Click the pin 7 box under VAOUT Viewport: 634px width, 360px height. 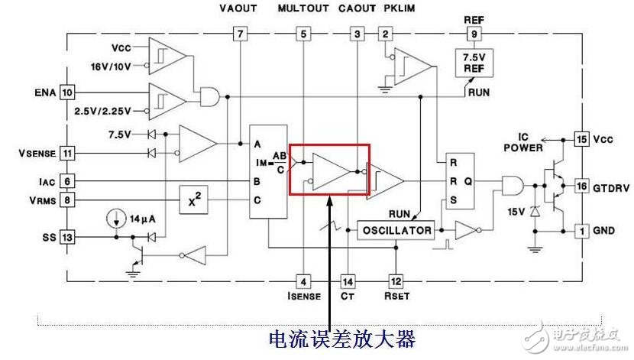pyautogui.click(x=241, y=34)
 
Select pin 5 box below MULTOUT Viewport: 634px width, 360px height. pyautogui.click(x=304, y=34)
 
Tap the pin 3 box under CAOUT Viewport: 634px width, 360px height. pyautogui.click(x=357, y=34)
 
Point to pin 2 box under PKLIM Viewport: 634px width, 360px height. pyautogui.click(x=386, y=34)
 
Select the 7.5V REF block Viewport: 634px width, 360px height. pyautogui.click(x=474, y=63)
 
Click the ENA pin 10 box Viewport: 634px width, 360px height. pyautogui.click(x=68, y=92)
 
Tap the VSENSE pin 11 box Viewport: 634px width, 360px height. pyautogui.click(x=68, y=154)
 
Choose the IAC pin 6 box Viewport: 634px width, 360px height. pyautogui.click(x=68, y=181)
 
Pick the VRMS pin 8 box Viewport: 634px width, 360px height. pyautogui.click(x=68, y=201)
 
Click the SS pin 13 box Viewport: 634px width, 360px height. pyautogui.click(x=68, y=238)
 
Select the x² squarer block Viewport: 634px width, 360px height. pyautogui.click(x=196, y=201)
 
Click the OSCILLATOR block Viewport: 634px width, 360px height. pyautogui.click(x=396, y=230)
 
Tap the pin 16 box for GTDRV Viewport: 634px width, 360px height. pyautogui.click(x=581, y=186)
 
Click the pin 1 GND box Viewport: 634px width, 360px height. pyautogui.click(x=581, y=230)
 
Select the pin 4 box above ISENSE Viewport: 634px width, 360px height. pyautogui.click(x=304, y=281)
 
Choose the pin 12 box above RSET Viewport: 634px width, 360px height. pyautogui.click(x=396, y=281)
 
